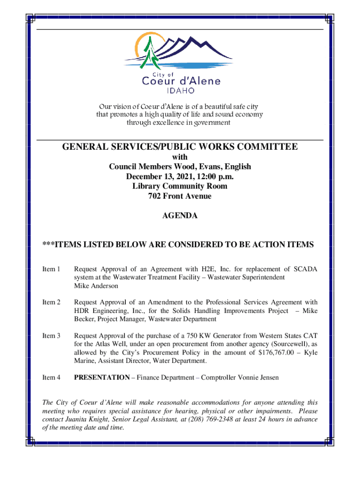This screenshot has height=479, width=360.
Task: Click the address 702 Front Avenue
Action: point(180,196)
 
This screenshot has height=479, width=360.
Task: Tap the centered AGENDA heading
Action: point(180,216)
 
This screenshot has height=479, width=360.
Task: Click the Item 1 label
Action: point(51,269)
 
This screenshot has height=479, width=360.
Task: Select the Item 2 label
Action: point(51,302)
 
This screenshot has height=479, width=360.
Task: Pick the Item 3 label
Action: point(51,335)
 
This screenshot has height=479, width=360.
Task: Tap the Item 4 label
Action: point(51,377)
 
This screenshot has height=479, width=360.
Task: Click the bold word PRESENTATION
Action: point(101,377)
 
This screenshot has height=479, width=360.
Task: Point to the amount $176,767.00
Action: point(278,353)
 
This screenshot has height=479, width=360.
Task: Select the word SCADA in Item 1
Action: point(305,269)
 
